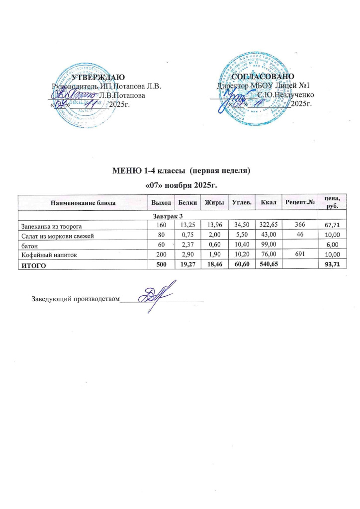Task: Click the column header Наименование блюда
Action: pyautogui.click(x=84, y=203)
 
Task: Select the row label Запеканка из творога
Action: pyautogui.click(x=50, y=225)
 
